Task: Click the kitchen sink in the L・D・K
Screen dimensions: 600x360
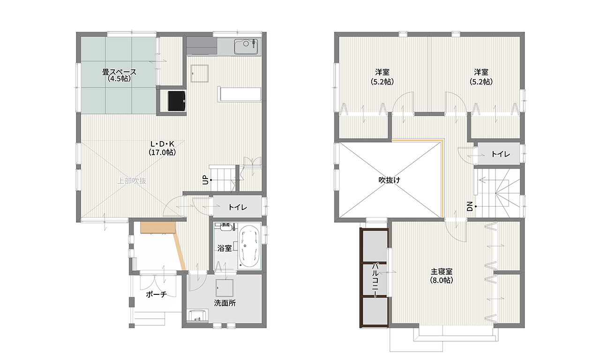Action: point(246,46)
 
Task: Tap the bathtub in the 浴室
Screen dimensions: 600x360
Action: point(250,247)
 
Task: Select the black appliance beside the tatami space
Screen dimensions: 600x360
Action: point(177,101)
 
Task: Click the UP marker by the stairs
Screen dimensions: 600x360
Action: point(205,180)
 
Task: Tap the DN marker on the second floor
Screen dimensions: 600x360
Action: point(470,206)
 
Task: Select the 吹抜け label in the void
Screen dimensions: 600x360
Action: point(389,180)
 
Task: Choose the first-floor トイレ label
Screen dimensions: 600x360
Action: point(238,207)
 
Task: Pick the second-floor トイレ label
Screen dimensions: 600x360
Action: point(500,154)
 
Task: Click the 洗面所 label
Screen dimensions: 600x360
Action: point(225,303)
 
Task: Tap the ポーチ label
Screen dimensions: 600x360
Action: point(157,294)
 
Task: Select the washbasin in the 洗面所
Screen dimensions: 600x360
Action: point(198,315)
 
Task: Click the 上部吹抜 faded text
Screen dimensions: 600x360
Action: point(132,181)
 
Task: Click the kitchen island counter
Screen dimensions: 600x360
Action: point(239,94)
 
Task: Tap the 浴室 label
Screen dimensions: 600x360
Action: point(225,248)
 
